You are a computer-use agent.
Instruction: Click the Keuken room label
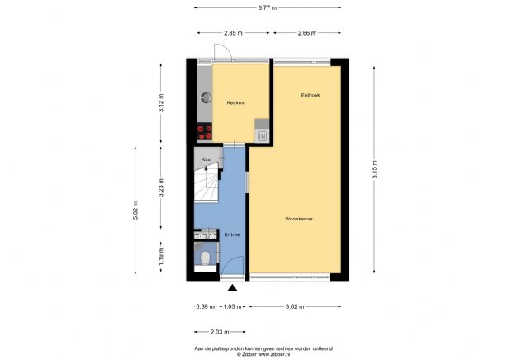pos(235,102)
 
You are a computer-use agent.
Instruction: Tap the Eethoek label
pos(311,96)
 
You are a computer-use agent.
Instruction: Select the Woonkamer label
pos(298,219)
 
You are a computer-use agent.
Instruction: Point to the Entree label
pos(232,235)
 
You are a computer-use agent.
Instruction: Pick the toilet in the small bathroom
pos(204,262)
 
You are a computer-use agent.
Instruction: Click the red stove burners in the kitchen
pos(203,130)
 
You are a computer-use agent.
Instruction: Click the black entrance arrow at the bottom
pos(233,288)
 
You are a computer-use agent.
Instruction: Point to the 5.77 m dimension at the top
pos(268,7)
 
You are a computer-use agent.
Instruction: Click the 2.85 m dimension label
pos(233,33)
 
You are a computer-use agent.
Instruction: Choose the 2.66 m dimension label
pos(307,33)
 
